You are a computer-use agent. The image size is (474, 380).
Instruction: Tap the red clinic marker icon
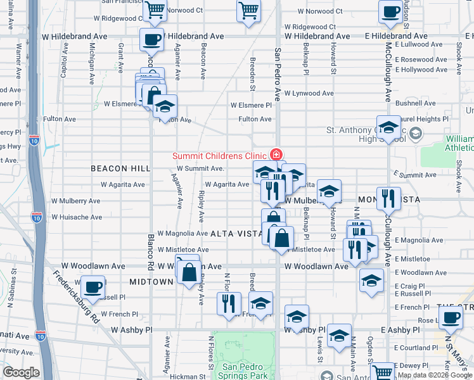click(x=276, y=154)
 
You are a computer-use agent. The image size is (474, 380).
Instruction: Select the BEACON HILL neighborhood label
click(x=120, y=168)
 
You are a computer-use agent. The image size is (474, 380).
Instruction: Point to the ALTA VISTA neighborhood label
click(x=236, y=234)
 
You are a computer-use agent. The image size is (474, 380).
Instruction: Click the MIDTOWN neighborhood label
click(x=151, y=281)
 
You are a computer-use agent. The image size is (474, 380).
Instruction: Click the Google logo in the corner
click(x=21, y=372)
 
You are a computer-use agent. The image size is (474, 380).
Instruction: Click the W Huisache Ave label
click(x=76, y=217)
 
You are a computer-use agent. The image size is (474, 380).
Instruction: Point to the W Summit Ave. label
click(x=201, y=168)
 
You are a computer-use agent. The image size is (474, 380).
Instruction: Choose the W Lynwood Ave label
click(x=309, y=93)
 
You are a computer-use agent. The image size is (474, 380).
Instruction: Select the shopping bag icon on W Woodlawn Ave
click(x=189, y=272)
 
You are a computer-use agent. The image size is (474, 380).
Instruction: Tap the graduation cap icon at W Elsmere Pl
click(x=165, y=105)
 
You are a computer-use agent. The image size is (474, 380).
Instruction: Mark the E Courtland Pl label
click(x=416, y=348)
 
